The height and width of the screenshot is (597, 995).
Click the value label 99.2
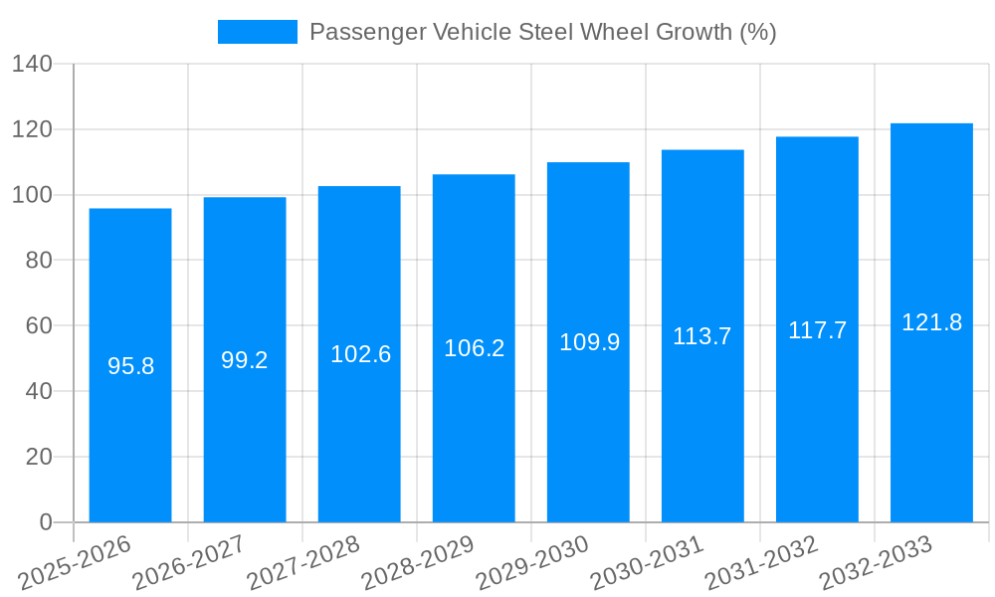[x=245, y=360]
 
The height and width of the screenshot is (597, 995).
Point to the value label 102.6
[x=360, y=354]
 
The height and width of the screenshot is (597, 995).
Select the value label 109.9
[x=589, y=342]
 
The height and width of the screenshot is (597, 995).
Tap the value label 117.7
[x=817, y=330]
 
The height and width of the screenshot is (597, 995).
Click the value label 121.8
[x=931, y=322]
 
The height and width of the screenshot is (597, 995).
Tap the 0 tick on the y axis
[x=45, y=522]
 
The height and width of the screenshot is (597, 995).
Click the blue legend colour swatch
[x=258, y=32]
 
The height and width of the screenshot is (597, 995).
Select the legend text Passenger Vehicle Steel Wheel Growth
[x=542, y=32]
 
